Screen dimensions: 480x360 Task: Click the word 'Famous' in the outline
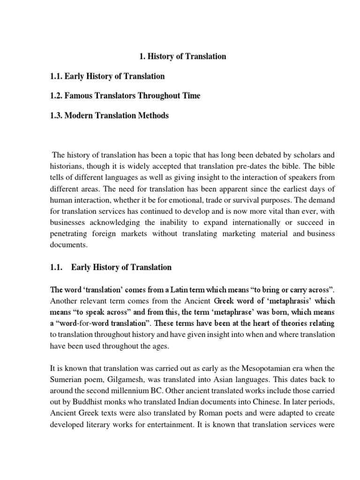79,96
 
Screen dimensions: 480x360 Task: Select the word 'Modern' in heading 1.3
78,115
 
